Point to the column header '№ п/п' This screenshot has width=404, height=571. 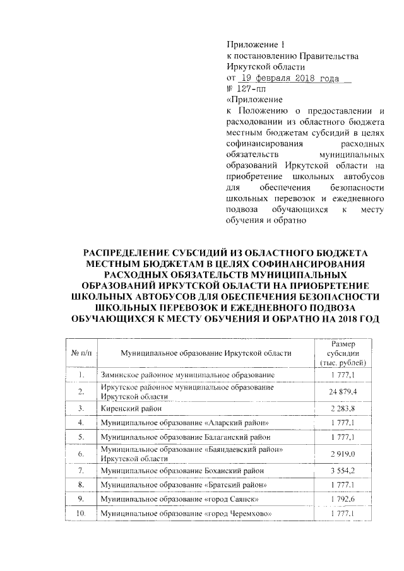click(x=81, y=353)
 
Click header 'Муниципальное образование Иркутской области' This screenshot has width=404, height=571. click(x=206, y=353)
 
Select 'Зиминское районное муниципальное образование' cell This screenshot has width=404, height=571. click(x=187, y=376)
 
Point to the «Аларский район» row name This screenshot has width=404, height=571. click(x=185, y=423)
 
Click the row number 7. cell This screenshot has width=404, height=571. click(x=81, y=471)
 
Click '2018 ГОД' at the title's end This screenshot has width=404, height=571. click(x=359, y=321)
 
